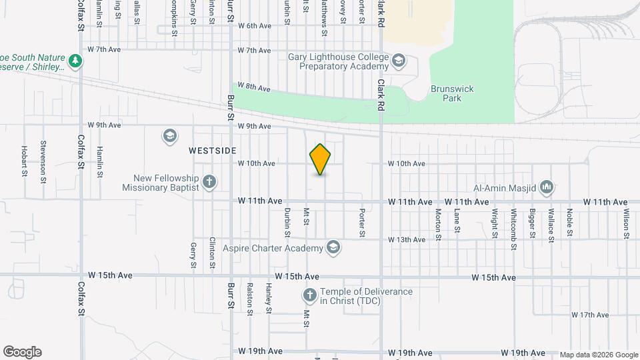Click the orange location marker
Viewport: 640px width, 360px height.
coord(320,159)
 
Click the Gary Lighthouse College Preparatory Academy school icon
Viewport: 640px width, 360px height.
coord(398,61)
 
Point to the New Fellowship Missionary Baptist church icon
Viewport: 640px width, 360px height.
coord(209,181)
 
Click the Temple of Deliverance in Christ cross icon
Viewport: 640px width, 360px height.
coord(310,295)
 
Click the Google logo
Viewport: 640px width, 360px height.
coord(22,352)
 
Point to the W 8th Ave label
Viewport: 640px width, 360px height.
coord(254,87)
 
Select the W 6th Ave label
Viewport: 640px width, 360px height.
coord(254,26)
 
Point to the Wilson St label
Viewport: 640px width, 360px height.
coord(627,217)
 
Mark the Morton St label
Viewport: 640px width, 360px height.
coord(439,223)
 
